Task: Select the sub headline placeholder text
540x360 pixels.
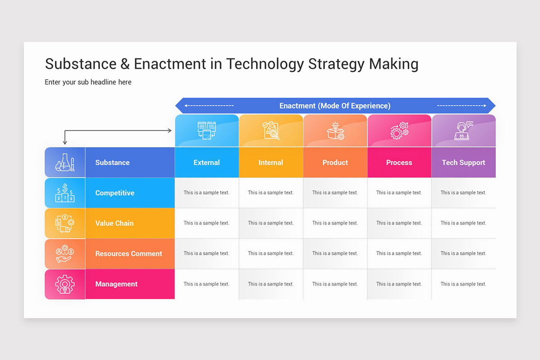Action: pyautogui.click(x=88, y=82)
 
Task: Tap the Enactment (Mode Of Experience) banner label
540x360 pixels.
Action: pyautogui.click(x=335, y=106)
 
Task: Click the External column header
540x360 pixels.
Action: pyautogui.click(x=207, y=162)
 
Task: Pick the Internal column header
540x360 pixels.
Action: pyautogui.click(x=270, y=162)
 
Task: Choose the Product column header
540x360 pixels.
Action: pyautogui.click(x=335, y=162)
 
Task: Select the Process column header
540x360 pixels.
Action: pyautogui.click(x=399, y=162)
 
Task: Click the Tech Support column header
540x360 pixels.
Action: pyautogui.click(x=463, y=162)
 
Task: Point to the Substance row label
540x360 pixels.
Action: pyautogui.click(x=112, y=162)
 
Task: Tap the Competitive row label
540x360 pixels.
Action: pyautogui.click(x=115, y=193)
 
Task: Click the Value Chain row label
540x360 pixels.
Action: pyautogui.click(x=114, y=223)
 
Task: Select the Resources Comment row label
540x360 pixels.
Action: pyautogui.click(x=129, y=254)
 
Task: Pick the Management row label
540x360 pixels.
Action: pyautogui.click(x=117, y=284)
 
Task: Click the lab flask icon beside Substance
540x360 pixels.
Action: pyautogui.click(x=65, y=162)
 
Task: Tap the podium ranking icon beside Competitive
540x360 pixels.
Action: pyautogui.click(x=65, y=193)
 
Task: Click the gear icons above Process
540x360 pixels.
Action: pyautogui.click(x=399, y=130)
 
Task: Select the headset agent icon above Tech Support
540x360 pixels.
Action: pyautogui.click(x=463, y=130)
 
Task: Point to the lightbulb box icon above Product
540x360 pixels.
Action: pyautogui.click(x=335, y=130)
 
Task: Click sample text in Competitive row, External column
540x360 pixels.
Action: pyautogui.click(x=207, y=193)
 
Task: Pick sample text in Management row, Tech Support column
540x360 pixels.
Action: pyautogui.click(x=463, y=284)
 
